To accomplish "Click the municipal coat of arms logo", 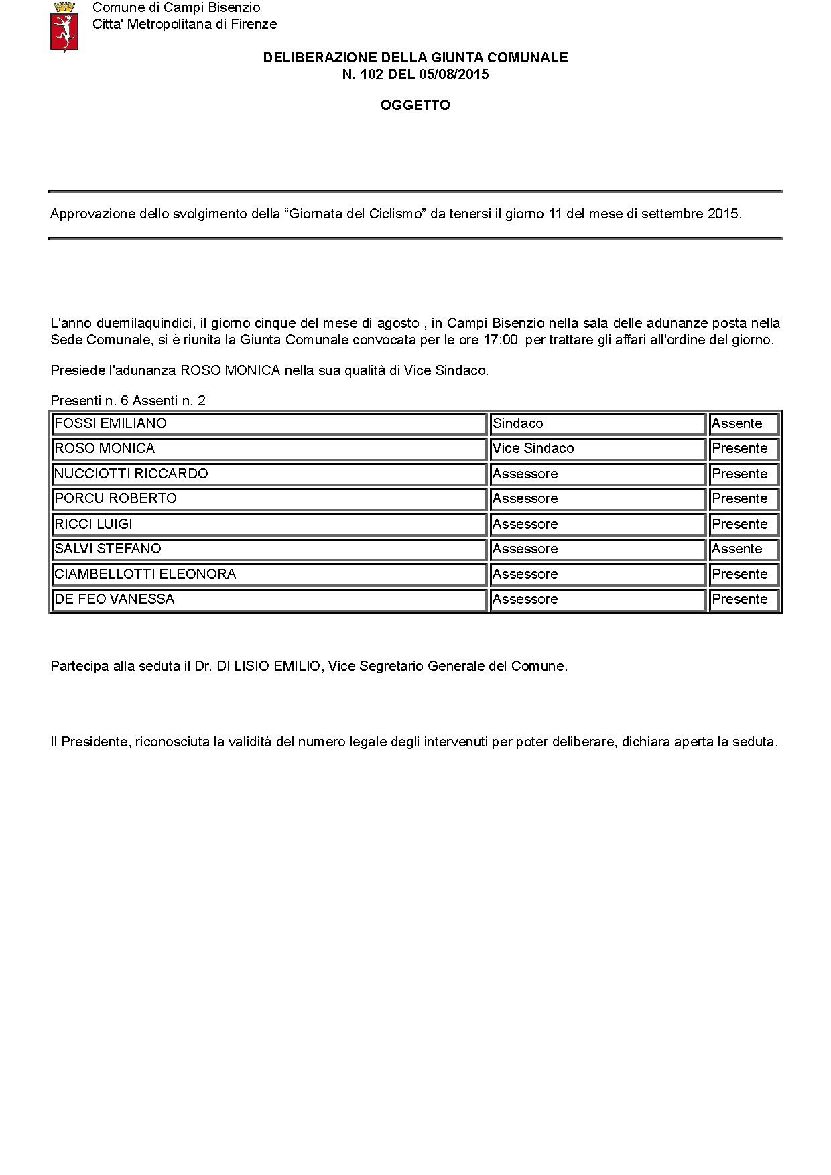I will [64, 27].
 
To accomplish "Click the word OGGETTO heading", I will [415, 105].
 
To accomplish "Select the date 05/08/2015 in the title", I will [454, 74].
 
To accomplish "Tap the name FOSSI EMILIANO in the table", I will [111, 423].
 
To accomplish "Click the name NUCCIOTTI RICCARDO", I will [131, 474].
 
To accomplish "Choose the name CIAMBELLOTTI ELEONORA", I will [145, 574].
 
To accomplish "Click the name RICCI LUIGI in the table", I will [93, 524].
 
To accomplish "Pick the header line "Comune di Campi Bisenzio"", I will [176, 8].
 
